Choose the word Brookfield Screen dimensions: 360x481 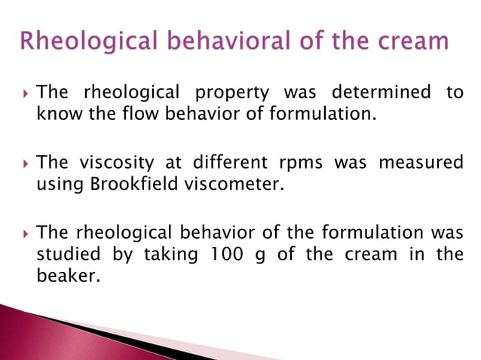coord(127,184)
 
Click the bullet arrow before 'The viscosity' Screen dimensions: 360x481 coord(25,163)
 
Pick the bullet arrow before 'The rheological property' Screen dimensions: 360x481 coord(25,93)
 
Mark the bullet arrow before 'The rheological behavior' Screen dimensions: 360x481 coord(25,232)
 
